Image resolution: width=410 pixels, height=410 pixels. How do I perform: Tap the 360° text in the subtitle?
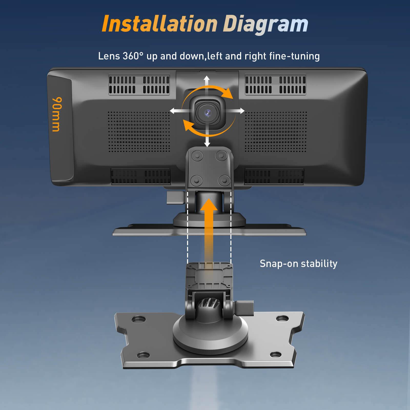133,56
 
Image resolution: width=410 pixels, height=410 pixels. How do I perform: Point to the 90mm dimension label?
56,114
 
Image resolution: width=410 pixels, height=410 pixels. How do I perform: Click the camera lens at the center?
207,112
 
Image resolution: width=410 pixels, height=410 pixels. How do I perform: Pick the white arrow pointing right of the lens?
235,111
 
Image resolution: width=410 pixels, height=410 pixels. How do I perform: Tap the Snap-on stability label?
299,264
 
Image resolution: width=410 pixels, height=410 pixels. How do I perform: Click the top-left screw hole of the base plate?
138,319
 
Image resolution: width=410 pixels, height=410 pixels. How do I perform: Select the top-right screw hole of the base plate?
283,319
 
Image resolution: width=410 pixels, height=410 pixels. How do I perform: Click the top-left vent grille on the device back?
139,85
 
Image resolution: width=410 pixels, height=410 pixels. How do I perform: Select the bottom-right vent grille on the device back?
274,176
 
